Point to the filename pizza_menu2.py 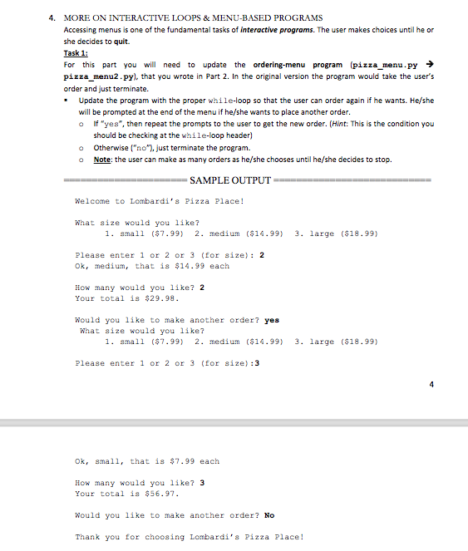(x=95, y=76)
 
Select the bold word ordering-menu (x=278, y=64)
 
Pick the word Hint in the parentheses (x=335, y=123)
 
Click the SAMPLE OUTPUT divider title (x=230, y=180)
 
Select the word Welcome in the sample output (x=92, y=201)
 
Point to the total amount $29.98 (x=163, y=298)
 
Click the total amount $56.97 (x=163, y=494)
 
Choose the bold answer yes (x=272, y=320)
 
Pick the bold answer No (x=269, y=515)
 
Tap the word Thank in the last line (x=87, y=537)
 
